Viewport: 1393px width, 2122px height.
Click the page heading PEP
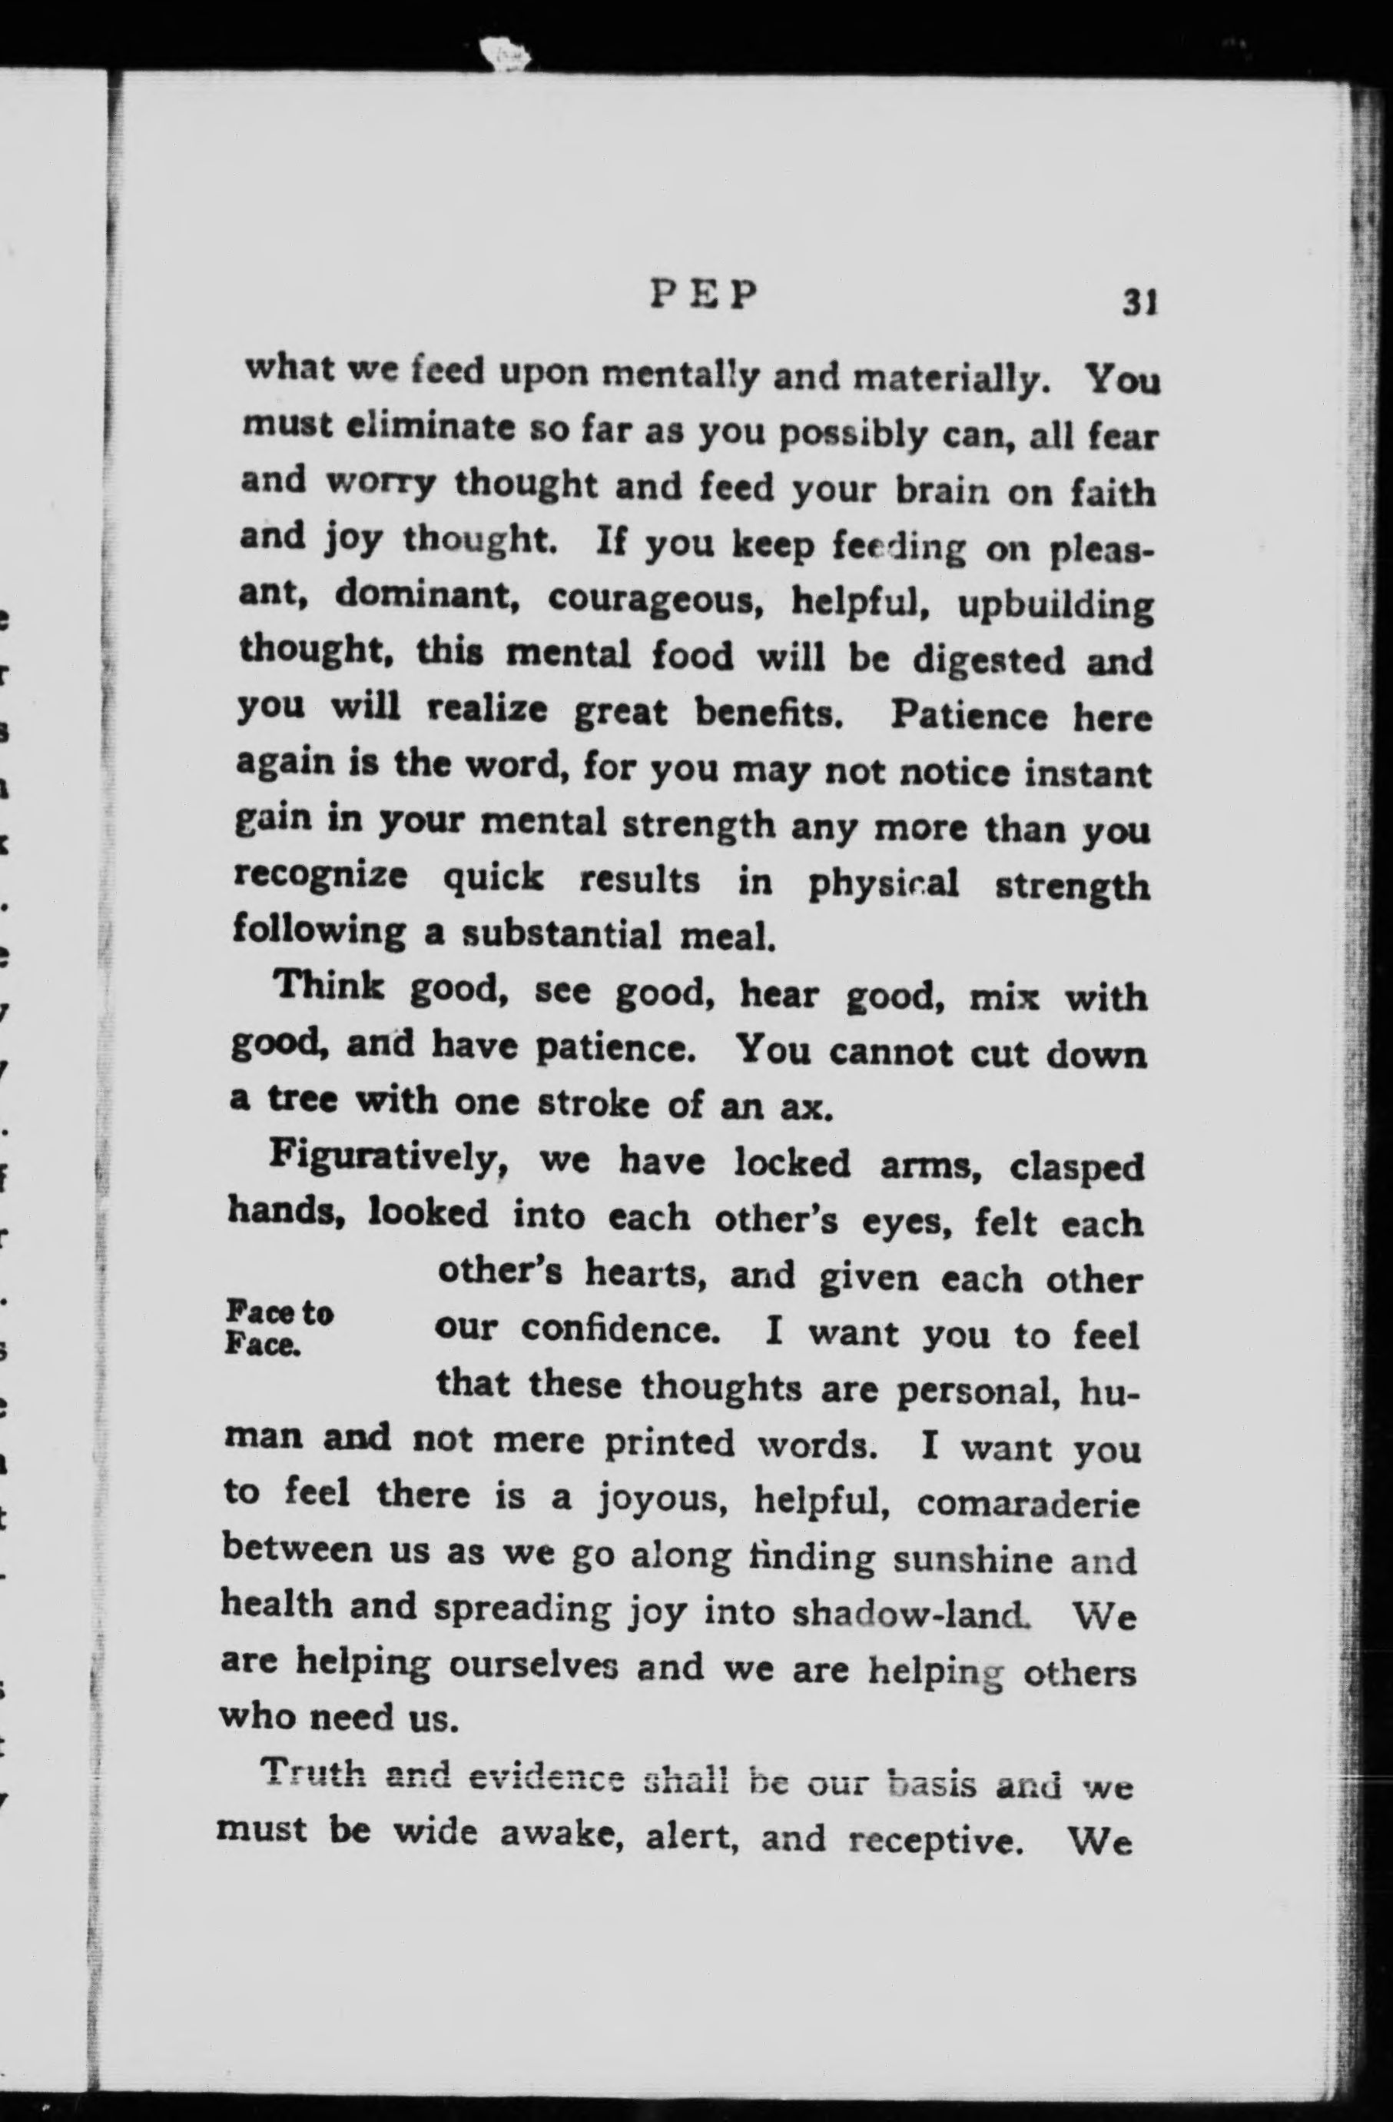click(703, 295)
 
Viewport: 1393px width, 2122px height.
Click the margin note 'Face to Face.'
click(279, 1327)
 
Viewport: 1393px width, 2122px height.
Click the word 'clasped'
click(1076, 1168)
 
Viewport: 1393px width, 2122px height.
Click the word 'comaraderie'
click(1027, 1505)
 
